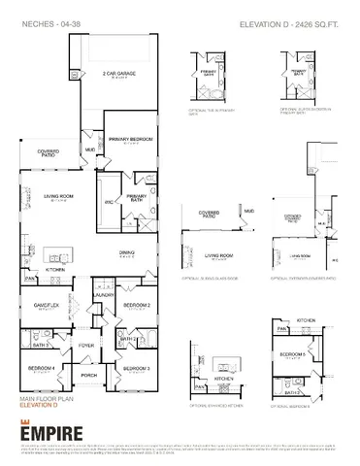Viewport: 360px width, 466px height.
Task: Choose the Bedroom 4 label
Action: [40, 368]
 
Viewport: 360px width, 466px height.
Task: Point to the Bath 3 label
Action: [41, 345]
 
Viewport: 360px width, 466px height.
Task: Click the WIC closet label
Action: [110, 201]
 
